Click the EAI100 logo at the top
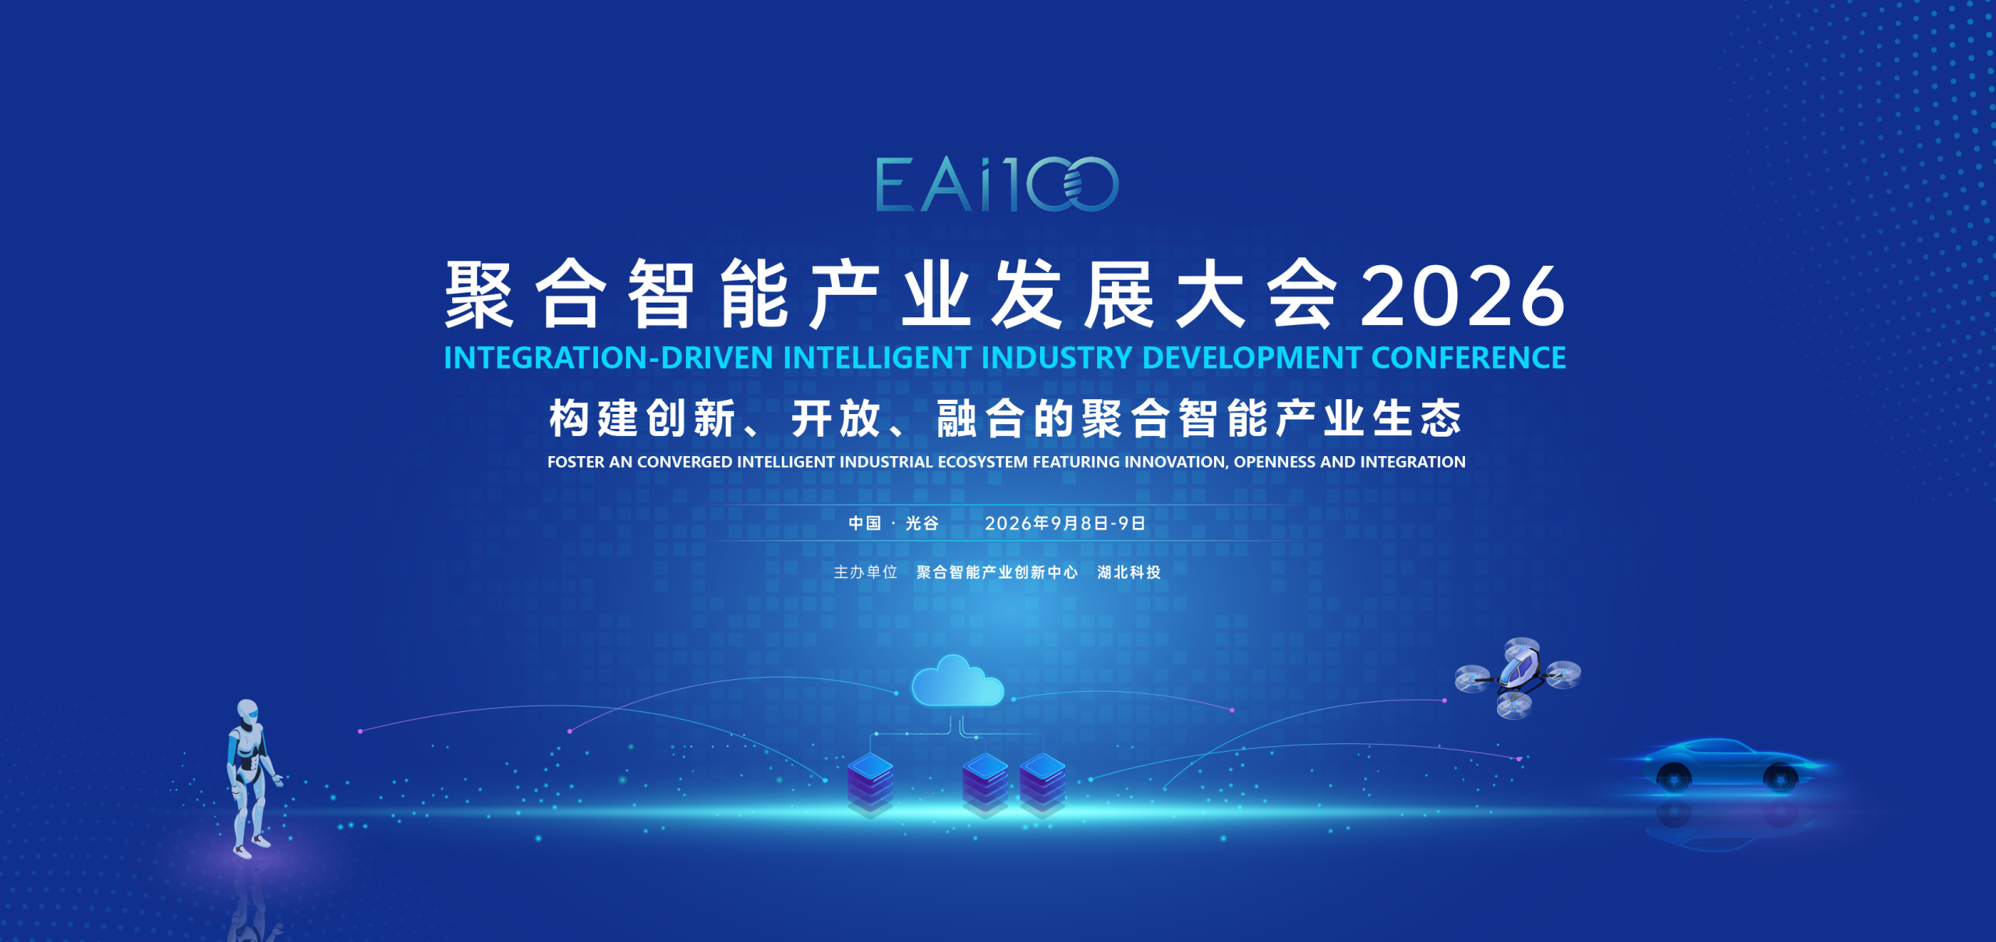[997, 184]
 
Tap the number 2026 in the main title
[1463, 296]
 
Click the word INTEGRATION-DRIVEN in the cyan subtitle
[608, 358]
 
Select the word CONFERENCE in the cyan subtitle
[1468, 358]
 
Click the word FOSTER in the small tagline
[576, 462]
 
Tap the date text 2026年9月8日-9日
[1065, 523]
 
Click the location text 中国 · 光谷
[894, 523]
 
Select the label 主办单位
[865, 572]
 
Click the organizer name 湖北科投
[1129, 572]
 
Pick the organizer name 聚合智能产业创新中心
[997, 572]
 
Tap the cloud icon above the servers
[957, 681]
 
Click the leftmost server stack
[870, 784]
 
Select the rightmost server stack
[1042, 784]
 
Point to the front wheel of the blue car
[1780, 777]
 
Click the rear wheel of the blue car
[1673, 777]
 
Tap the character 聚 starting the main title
[480, 296]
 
